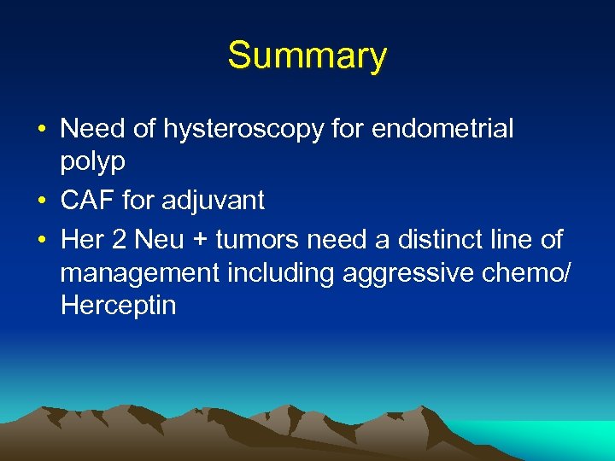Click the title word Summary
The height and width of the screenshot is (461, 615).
click(307, 56)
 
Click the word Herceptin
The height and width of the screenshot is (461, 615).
click(119, 306)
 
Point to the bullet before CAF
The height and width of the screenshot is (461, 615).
click(41, 202)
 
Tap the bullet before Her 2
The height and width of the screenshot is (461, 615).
click(41, 241)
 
